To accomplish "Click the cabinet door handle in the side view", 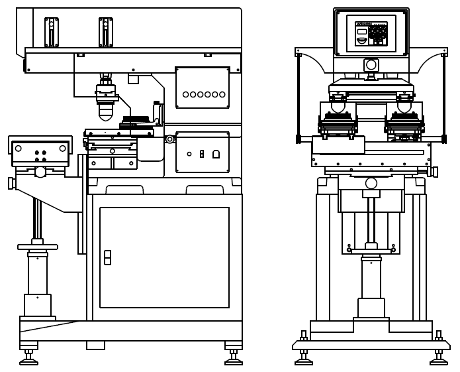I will tap(107, 257).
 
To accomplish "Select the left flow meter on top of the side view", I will tap(51, 32).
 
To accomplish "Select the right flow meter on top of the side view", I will tap(105, 32).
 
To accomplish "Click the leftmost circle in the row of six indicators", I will tap(186, 94).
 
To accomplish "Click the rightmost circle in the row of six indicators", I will tap(222, 94).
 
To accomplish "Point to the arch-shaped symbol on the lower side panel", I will tap(216, 155).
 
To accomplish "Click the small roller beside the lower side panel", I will tap(170, 139).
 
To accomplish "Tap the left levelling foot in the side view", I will tap(28, 360).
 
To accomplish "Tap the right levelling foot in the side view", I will tap(234, 360).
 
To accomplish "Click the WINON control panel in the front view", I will tap(371, 34).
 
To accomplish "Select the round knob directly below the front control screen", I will tap(371, 65).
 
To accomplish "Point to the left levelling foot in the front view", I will tap(304, 359).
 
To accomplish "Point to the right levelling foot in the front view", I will tap(438, 359).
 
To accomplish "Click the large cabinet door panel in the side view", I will tap(164, 257).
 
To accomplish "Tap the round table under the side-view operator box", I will tap(38, 247).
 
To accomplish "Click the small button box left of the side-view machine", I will tap(40, 153).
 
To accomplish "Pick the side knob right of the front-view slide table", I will tap(434, 172).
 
